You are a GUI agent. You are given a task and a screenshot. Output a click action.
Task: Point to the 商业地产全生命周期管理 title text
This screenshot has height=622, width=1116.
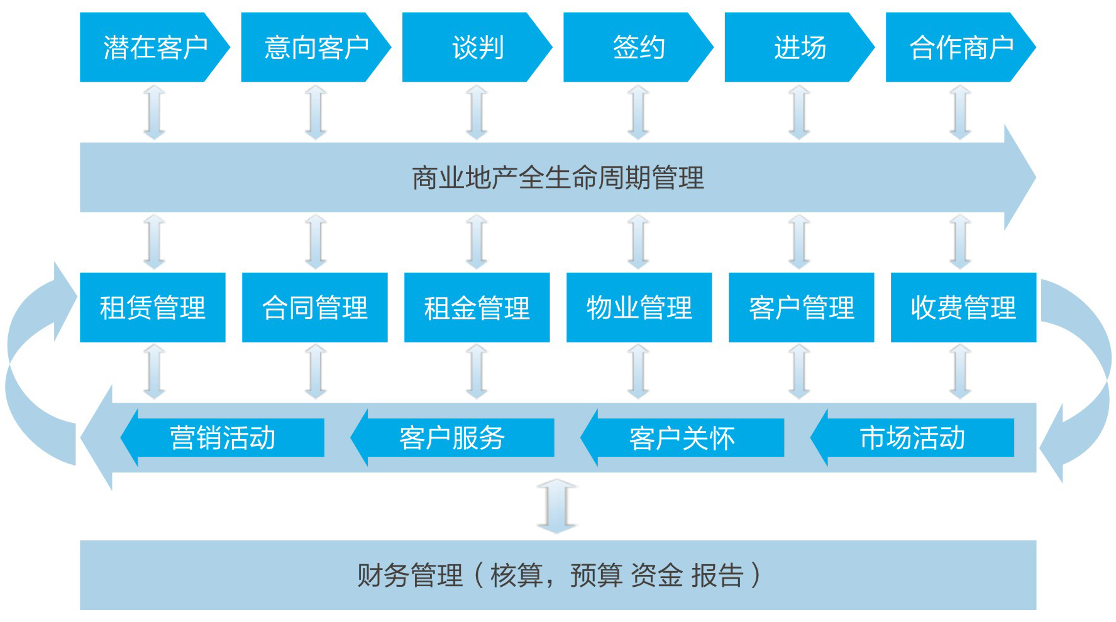pos(558,178)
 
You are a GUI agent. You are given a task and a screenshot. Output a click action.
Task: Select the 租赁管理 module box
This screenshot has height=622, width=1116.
pos(153,307)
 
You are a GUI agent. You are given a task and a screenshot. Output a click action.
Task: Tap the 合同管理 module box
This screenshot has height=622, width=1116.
pos(315,307)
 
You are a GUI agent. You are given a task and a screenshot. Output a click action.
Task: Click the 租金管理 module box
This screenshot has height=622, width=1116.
pos(477,307)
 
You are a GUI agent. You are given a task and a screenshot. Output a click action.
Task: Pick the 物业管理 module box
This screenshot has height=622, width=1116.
pos(639,307)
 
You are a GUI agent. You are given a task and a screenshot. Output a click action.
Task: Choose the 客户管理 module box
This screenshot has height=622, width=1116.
pos(802,307)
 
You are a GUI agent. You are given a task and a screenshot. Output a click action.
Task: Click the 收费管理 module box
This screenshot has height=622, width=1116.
pos(964,307)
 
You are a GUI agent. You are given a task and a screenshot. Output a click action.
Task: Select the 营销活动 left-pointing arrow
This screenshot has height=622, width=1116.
pos(223,438)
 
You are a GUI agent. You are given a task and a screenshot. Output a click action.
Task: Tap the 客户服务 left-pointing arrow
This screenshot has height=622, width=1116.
pos(453,438)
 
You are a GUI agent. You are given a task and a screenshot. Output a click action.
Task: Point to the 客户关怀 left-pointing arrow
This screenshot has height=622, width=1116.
pos(683,438)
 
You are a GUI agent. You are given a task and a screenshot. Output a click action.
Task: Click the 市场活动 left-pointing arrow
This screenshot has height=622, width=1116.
pos(913,438)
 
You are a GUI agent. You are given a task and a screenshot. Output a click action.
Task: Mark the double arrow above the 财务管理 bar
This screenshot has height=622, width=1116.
pos(557,506)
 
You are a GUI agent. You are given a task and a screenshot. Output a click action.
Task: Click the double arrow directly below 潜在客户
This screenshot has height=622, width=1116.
pos(154,112)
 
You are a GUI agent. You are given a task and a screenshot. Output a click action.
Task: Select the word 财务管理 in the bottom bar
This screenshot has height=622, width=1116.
pos(410,576)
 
